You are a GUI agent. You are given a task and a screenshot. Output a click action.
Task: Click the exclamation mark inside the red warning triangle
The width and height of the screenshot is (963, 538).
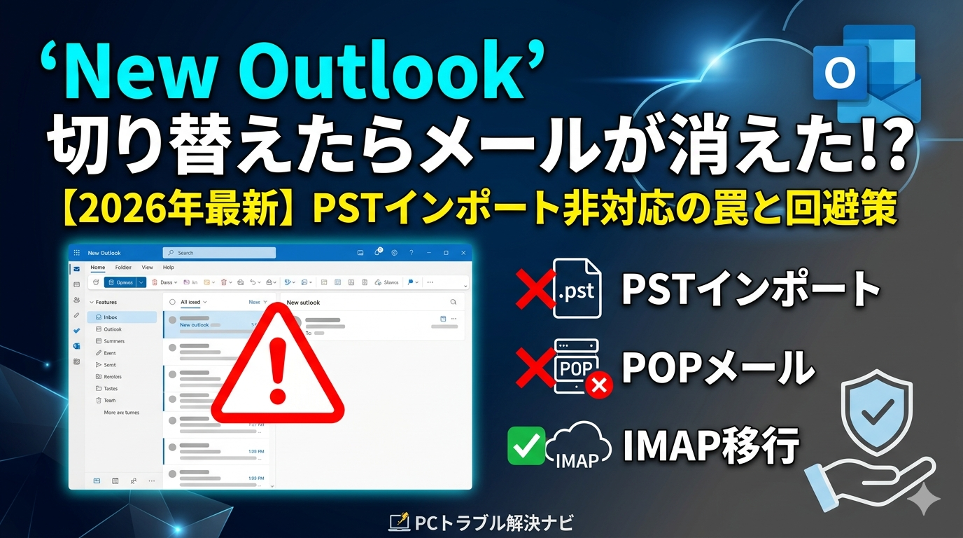pyautogui.click(x=279, y=369)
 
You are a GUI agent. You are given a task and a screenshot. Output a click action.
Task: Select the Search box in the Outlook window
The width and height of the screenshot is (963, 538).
pyautogui.click(x=219, y=253)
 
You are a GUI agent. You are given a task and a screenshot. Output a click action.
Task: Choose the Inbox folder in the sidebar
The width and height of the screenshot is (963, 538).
pyautogui.click(x=111, y=317)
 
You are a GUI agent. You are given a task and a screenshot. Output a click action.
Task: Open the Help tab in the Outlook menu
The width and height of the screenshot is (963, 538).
pyautogui.click(x=168, y=268)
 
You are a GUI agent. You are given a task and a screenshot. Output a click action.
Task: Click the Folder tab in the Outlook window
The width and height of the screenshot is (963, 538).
pyautogui.click(x=123, y=268)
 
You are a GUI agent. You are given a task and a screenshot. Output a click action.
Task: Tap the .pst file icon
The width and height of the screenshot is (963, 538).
pyautogui.click(x=576, y=288)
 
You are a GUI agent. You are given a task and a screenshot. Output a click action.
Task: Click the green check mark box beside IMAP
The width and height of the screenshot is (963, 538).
pyautogui.click(x=526, y=445)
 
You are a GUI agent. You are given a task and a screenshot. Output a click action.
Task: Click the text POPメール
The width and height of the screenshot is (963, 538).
pyautogui.click(x=718, y=366)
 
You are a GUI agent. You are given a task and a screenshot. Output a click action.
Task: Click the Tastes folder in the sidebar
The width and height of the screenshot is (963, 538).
pyautogui.click(x=111, y=388)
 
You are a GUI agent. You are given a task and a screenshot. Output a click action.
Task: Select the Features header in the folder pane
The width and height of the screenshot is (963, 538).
pyautogui.click(x=106, y=302)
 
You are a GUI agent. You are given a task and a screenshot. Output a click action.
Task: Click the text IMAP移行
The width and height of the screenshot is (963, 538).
pyautogui.click(x=711, y=445)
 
